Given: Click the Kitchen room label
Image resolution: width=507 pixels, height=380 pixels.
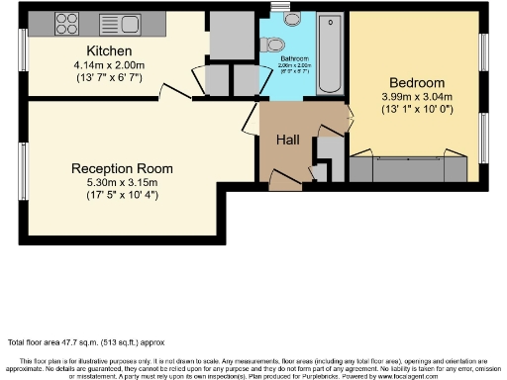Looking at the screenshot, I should pos(109,50).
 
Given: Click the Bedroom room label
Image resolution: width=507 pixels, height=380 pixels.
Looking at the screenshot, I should pos(415,82).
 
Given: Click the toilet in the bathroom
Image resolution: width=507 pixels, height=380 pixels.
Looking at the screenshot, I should pos(274,44).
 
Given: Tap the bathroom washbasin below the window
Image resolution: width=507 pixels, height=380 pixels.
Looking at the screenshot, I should pos(292,18).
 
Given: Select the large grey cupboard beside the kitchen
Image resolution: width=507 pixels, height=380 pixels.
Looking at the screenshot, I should pos(232,36).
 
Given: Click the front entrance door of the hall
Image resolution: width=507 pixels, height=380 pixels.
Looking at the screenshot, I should pos(286,182).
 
